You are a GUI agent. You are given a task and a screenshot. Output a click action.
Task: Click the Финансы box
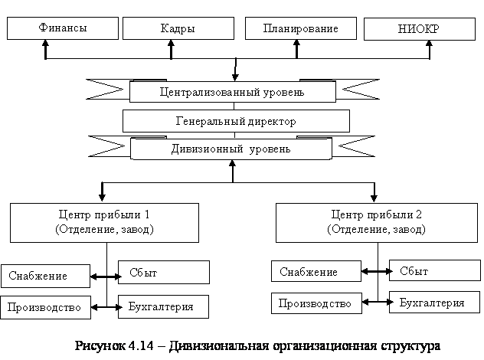click(62, 28)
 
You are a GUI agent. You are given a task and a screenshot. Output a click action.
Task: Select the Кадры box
click(178, 29)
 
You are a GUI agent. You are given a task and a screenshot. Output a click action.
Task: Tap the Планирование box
click(300, 28)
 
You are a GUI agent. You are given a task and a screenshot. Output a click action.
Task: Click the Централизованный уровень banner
click(232, 93)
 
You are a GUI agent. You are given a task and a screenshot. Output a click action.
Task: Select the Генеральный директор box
click(235, 121)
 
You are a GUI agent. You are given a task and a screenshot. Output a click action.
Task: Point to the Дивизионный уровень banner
click(231, 149)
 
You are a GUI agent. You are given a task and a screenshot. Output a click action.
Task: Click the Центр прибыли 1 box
click(104, 222)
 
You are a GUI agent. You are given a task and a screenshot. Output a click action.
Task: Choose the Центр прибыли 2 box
click(376, 222)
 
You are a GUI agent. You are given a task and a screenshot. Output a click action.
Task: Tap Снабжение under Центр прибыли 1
click(45, 276)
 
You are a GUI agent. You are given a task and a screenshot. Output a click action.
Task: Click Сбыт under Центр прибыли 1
click(164, 272)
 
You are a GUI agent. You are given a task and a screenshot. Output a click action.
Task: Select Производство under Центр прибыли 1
click(45, 307)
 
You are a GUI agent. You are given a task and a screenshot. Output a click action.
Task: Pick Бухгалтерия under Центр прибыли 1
click(164, 306)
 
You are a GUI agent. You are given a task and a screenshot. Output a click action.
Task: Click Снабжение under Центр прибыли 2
click(316, 272)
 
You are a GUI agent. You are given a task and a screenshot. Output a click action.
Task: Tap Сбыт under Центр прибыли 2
click(435, 271)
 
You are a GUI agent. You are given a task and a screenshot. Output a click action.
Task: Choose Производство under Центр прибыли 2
click(316, 303)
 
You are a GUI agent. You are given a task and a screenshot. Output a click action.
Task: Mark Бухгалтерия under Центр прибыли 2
click(435, 303)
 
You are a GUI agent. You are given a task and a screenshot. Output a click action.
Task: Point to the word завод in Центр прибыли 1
click(136, 229)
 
